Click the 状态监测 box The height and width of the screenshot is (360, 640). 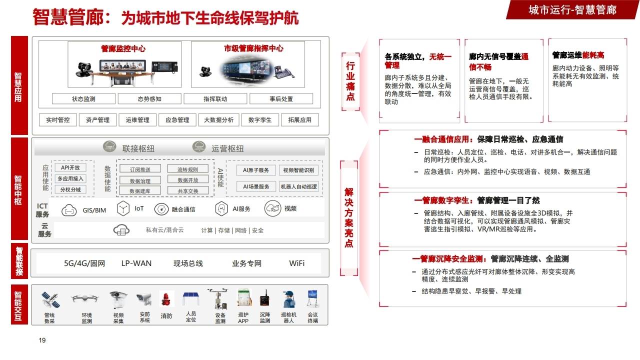tap(83, 99)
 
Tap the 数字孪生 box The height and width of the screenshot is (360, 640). tap(260, 120)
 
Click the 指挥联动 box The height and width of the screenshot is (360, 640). tap(215, 99)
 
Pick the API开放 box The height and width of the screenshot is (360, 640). tap(70, 167)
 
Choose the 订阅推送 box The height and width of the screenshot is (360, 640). tap(140, 169)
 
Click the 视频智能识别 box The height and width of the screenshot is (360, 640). tap(298, 170)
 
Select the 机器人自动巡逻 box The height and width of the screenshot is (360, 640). tap(298, 186)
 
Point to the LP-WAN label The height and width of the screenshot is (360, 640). tap(136, 263)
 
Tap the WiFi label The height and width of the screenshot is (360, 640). tap(296, 263)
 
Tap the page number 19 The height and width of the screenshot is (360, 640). tap(42, 340)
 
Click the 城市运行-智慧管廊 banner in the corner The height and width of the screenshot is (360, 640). tap(572, 9)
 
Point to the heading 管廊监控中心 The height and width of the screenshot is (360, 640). tap(123, 49)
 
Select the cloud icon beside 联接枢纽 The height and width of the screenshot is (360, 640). tap(110, 147)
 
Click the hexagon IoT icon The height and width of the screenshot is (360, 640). tap(123, 208)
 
